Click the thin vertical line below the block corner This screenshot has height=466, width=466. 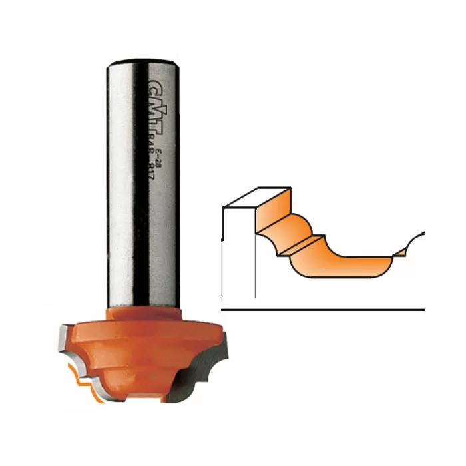pyautogui.click(x=256, y=266)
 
